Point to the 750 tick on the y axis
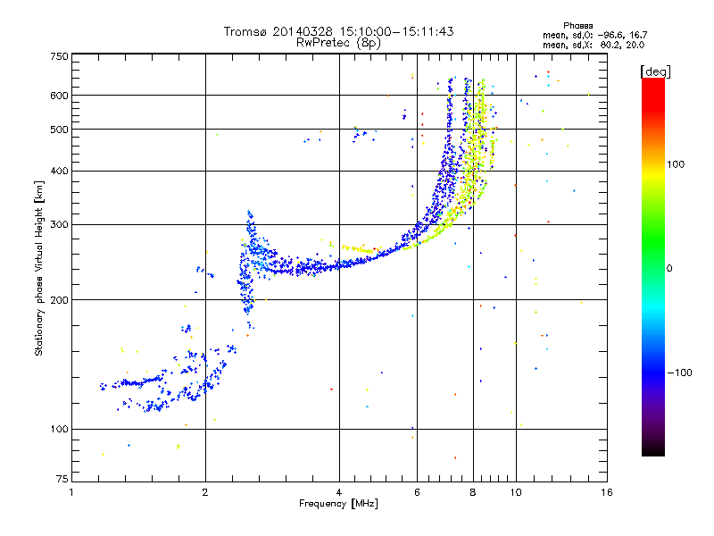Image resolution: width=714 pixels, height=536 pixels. point(59,56)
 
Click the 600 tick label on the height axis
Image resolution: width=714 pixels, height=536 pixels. point(59,96)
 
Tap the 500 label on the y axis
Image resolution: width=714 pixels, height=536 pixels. point(59,130)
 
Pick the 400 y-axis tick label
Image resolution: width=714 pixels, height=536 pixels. point(59,171)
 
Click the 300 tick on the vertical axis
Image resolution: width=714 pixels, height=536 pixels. point(59,224)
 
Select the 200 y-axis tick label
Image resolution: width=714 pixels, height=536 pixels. point(59,300)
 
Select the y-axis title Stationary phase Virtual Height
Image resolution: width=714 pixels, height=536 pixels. point(39,268)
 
